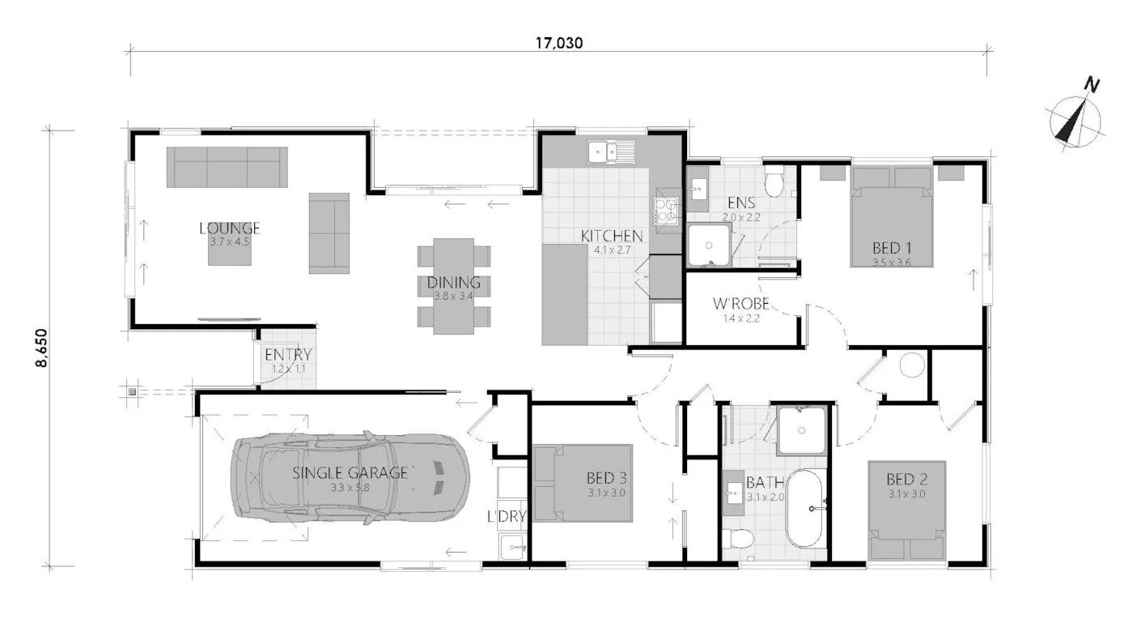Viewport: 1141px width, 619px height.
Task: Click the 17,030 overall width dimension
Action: [559, 43]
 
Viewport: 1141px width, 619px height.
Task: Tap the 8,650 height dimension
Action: [41, 348]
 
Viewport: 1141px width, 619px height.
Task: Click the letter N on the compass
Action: [1091, 85]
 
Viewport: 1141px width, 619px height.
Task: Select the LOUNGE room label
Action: [230, 228]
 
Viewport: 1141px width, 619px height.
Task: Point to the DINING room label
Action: [453, 282]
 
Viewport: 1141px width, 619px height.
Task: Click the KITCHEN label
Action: [612, 236]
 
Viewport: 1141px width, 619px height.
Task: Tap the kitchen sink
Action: [611, 152]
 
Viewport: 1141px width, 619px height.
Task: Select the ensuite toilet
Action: [774, 182]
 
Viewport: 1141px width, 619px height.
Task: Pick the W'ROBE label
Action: [740, 304]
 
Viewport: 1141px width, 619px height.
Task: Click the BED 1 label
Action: [892, 248]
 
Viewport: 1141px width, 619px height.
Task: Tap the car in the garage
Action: [350, 478]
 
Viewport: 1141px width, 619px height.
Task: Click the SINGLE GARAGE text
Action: [350, 473]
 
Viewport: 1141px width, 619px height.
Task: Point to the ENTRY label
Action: [288, 354]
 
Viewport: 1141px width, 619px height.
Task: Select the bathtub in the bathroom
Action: [804, 508]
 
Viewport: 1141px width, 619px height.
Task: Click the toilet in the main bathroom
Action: [738, 537]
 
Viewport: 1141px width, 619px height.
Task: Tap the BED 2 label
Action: [906, 480]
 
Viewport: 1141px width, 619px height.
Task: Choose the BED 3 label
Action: [606, 478]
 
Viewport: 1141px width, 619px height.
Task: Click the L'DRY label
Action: [507, 517]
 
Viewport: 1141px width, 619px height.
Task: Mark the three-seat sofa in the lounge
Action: [227, 167]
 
